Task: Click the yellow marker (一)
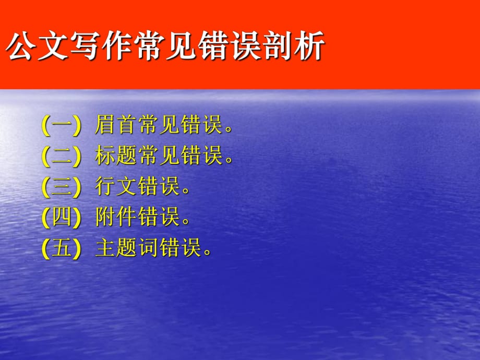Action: point(62,126)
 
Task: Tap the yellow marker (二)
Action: point(62,156)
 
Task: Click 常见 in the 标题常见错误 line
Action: point(159,156)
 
